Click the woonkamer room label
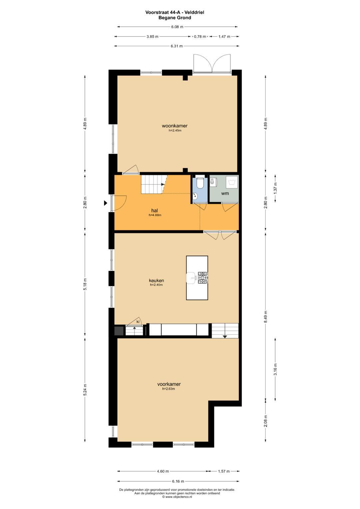click(x=175, y=126)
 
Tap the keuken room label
click(x=156, y=280)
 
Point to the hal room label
click(x=155, y=211)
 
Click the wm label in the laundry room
click(x=225, y=194)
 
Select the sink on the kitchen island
click(x=192, y=278)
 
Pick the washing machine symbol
click(x=232, y=182)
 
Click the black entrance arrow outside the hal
click(x=105, y=203)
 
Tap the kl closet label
click(x=138, y=322)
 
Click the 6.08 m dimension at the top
click(x=177, y=27)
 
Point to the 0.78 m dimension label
click(x=200, y=36)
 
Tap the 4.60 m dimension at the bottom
click(x=163, y=471)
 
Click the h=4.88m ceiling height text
click(x=155, y=215)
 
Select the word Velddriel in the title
click(x=195, y=12)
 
